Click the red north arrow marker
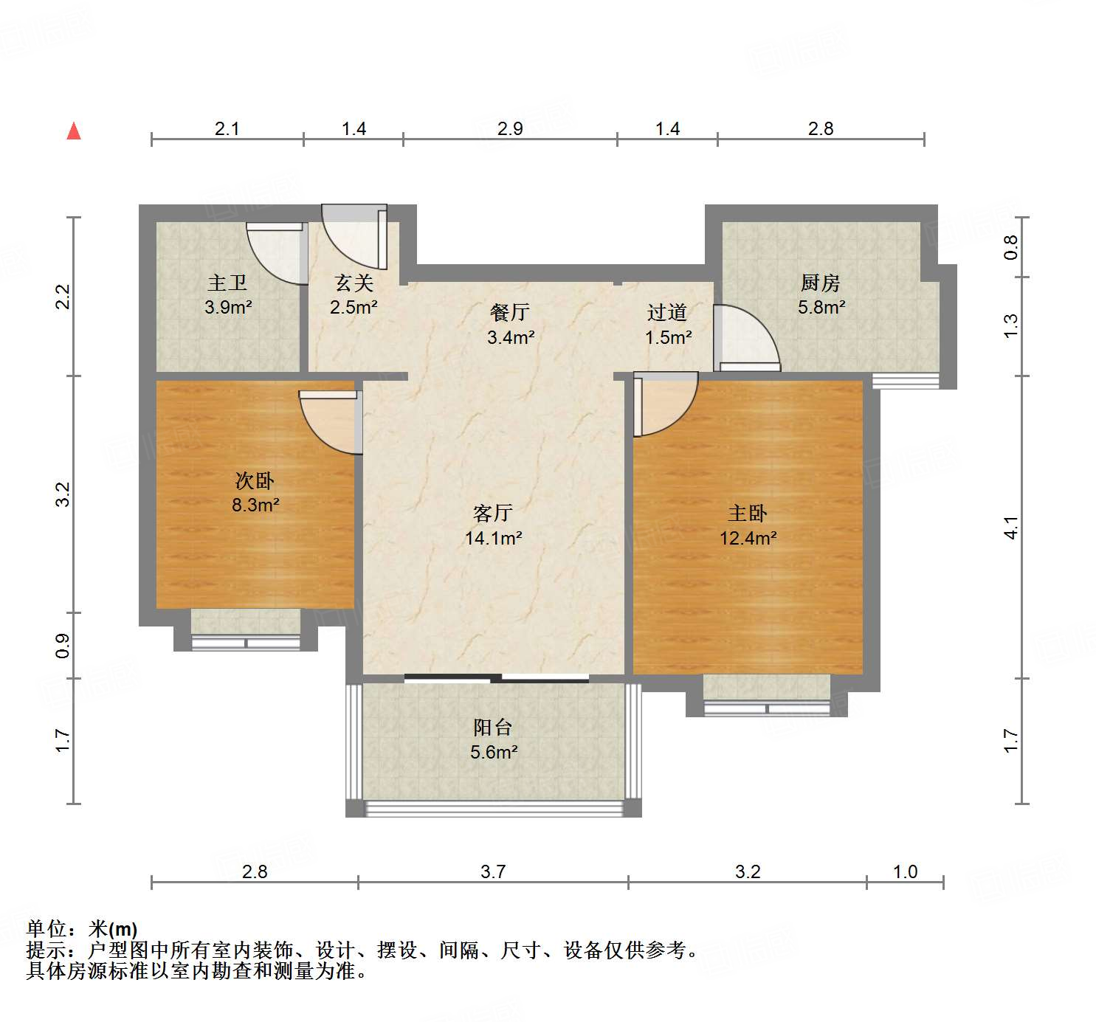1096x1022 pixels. (74, 131)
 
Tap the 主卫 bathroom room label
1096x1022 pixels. (227, 283)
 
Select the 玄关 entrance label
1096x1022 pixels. (354, 283)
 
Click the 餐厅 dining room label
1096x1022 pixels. (510, 312)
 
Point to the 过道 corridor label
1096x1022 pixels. (667, 313)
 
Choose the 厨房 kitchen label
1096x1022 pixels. (821, 283)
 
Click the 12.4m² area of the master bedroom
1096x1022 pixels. (748, 538)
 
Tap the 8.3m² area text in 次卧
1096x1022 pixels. (255, 505)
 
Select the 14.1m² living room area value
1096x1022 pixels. (493, 538)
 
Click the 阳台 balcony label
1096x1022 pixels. (493, 728)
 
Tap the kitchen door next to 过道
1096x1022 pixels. (745, 339)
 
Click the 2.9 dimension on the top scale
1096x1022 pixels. (510, 128)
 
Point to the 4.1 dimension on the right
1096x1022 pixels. (1010, 528)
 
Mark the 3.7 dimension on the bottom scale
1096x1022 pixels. (493, 871)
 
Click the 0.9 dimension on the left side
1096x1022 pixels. (63, 646)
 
